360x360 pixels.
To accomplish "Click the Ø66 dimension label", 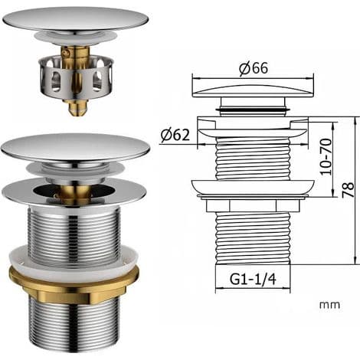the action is (254, 68).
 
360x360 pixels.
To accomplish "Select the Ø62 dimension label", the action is (175, 135).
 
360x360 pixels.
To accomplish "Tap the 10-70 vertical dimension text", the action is (326, 156).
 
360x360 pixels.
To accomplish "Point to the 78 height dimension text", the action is (348, 190).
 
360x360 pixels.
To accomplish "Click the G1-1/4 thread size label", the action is (253, 279).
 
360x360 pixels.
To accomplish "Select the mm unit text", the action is (329, 305).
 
